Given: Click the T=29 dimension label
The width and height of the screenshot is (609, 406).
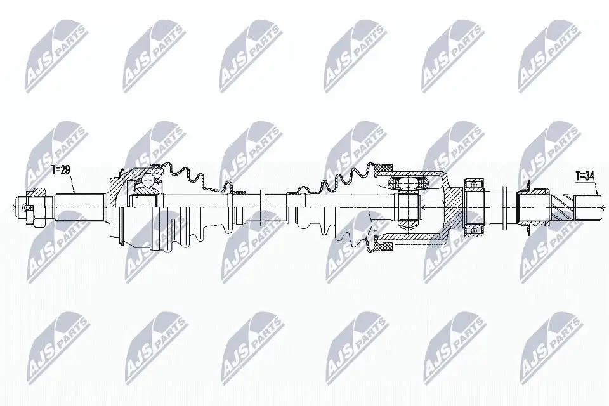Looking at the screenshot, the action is click(61, 171).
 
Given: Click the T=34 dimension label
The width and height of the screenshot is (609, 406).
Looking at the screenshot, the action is click(585, 176).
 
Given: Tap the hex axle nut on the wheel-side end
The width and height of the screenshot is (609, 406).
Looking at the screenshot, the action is click(37, 207).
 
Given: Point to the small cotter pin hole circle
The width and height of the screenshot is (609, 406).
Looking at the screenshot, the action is click(27, 208).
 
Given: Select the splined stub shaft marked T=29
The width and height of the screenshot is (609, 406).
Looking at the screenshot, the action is click(79, 207).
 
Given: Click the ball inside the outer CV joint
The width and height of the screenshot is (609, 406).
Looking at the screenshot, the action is click(148, 180).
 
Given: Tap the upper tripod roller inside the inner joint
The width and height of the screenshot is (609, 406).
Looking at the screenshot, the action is click(408, 183).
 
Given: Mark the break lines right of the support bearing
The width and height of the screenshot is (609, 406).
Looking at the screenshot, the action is click(505, 207).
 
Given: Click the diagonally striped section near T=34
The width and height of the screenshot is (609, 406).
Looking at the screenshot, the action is click(563, 207).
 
